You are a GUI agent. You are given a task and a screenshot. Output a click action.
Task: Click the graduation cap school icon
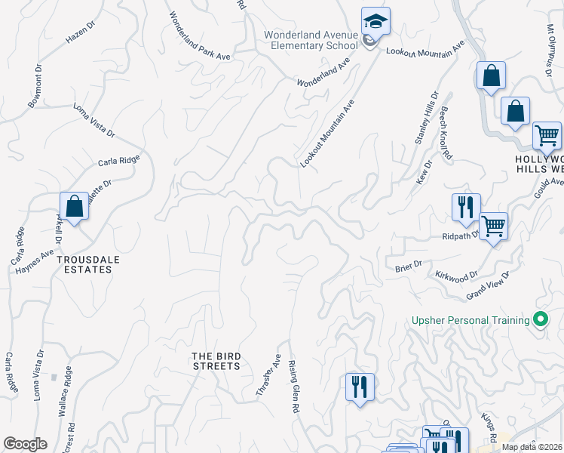pos(375,22)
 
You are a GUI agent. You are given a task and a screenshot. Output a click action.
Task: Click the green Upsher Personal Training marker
pos(540,319)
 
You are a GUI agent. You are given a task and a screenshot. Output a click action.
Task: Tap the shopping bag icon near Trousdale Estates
pos(75,206)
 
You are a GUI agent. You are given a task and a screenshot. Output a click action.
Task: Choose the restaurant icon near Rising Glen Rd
pos(360,387)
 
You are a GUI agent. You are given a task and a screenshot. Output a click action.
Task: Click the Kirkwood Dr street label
pos(457,276)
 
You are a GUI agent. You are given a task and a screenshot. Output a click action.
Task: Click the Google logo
pos(25,444)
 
